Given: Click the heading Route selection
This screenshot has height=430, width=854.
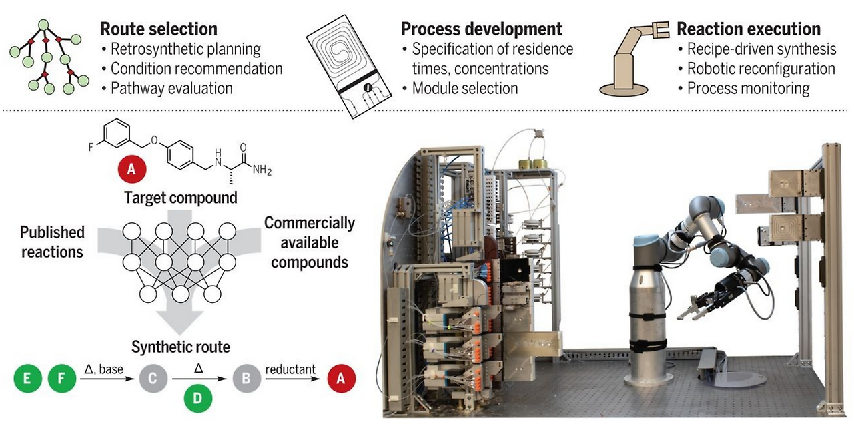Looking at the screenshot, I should tap(159, 29).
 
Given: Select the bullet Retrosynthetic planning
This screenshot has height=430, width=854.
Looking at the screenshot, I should tap(185, 49).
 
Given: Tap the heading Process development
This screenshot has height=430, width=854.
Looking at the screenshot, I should tap(481, 29).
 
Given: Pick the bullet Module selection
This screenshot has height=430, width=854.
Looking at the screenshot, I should tap(465, 89).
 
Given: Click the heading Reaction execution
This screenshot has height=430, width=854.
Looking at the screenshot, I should tap(748, 29).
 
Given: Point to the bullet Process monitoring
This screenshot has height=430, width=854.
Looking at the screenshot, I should tap(748, 89).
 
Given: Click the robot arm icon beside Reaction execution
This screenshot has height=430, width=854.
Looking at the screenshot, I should tap(626, 57).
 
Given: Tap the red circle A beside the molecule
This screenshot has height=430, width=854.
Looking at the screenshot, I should tap(131, 170).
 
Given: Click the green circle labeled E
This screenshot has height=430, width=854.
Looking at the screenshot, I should tap(27, 380).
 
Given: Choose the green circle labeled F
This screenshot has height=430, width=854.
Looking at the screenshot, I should tap(61, 380).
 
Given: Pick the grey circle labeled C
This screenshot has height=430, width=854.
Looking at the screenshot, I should tap(153, 380).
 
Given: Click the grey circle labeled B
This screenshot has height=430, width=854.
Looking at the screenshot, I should tap(246, 380).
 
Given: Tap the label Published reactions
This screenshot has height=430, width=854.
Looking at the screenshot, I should tap(52, 242).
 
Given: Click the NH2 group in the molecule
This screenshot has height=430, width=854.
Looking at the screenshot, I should tap(262, 170).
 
